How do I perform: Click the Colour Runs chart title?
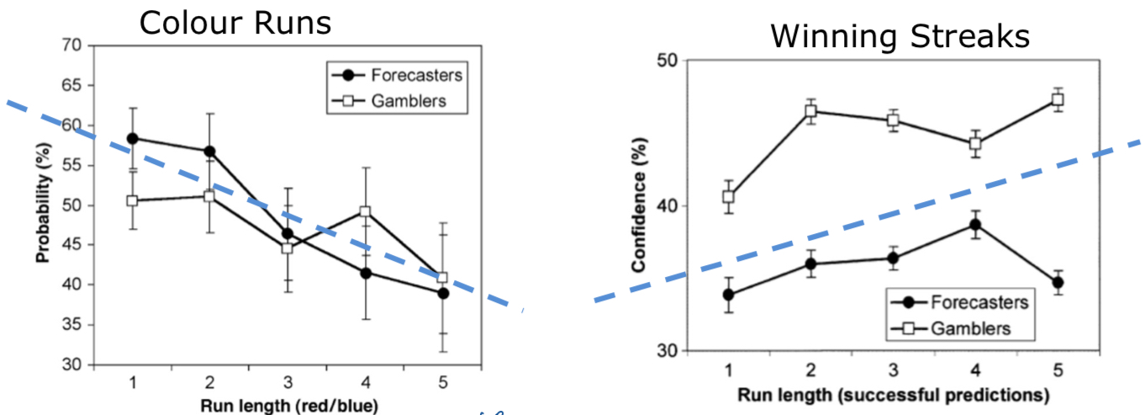(235, 22)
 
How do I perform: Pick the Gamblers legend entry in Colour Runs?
(404, 101)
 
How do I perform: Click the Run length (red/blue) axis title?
(288, 402)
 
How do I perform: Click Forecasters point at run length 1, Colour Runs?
(133, 138)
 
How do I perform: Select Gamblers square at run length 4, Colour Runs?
(365, 212)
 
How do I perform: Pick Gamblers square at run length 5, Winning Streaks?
(1057, 100)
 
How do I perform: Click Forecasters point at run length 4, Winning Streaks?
(974, 225)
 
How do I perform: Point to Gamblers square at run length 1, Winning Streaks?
(728, 197)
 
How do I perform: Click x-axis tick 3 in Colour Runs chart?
(288, 381)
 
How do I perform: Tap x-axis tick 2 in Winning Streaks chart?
(810, 370)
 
